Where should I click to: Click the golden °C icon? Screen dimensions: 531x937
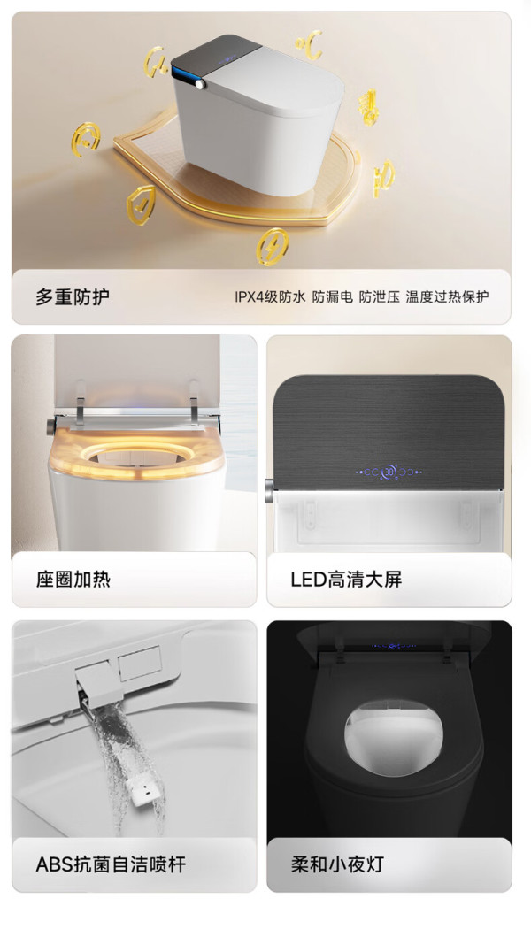310,45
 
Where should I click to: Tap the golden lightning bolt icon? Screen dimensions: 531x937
272,246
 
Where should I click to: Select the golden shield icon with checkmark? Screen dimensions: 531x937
142,205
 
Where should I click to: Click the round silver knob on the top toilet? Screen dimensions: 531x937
200,84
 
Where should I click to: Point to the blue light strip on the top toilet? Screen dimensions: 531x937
182,77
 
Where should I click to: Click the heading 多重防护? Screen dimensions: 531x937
73,296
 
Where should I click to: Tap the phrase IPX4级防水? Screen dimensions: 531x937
270,296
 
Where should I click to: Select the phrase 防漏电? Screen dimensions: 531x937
333,296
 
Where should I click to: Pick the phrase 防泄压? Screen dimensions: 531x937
379,296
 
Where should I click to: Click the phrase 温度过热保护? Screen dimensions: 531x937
447,296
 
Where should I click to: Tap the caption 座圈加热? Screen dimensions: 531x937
73,579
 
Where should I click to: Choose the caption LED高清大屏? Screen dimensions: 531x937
346,579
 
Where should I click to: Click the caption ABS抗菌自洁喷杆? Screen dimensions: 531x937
111,864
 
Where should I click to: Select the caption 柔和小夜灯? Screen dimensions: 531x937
336,864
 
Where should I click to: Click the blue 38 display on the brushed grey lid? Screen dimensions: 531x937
389,472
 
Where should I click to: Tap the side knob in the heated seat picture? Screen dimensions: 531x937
51,426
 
